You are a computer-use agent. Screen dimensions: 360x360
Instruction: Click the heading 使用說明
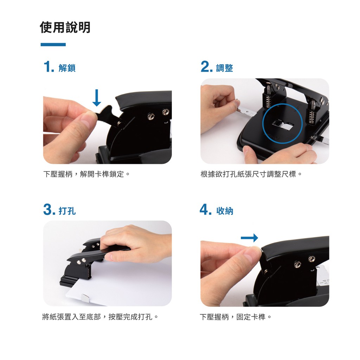point(65,27)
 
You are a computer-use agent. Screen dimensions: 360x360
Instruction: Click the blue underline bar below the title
point(53,45)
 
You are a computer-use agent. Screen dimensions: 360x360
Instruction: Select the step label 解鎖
point(67,68)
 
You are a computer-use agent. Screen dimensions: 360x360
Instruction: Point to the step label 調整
point(225,68)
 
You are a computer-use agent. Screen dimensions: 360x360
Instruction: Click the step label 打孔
point(67,211)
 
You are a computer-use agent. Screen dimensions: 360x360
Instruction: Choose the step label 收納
point(225,211)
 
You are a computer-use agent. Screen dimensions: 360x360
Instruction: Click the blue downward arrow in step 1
point(97,98)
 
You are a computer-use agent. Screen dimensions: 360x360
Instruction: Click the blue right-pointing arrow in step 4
point(249,238)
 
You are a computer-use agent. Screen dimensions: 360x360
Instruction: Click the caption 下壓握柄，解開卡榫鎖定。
point(86,174)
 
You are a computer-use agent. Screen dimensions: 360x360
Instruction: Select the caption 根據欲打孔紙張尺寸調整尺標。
point(251,174)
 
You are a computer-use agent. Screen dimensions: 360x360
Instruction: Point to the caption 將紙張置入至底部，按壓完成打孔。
point(100,317)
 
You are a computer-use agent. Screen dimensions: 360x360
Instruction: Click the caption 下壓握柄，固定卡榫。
point(236,317)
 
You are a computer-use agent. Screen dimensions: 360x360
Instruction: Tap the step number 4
point(205,210)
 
